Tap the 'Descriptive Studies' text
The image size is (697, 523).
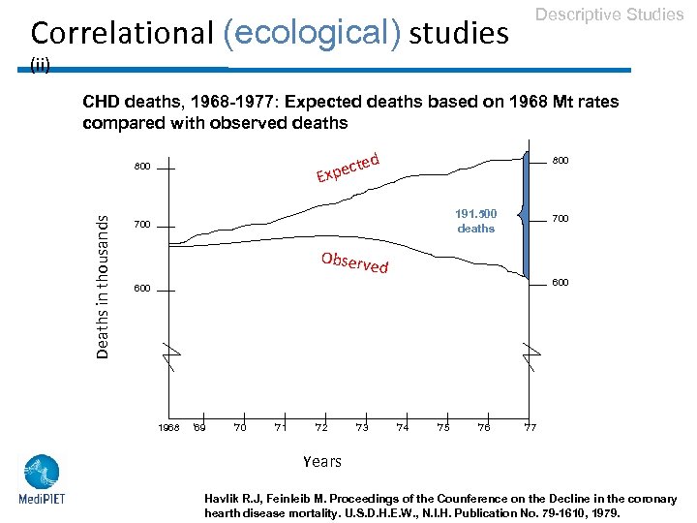[x=609, y=15]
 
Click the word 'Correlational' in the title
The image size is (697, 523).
[x=121, y=33]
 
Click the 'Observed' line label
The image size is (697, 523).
[x=354, y=261]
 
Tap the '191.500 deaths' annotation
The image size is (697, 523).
[x=475, y=221]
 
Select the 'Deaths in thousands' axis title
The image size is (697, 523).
[x=102, y=286]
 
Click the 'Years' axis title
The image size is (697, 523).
[x=321, y=461]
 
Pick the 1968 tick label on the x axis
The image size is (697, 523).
[x=168, y=427]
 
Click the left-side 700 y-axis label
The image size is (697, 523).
[x=142, y=226]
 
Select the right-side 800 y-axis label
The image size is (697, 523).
[x=560, y=161]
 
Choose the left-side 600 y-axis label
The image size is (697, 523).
[x=142, y=289]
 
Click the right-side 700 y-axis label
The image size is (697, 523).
[x=560, y=220]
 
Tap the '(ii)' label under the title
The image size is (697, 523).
[x=41, y=65]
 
